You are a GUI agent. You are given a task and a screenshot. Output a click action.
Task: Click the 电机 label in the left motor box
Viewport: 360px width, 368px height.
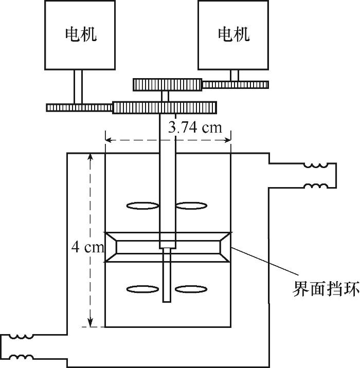point(81,34)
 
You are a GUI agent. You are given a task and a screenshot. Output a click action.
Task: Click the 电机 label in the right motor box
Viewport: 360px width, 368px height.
point(233,34)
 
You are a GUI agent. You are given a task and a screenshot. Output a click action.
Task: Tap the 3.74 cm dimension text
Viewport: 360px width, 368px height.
point(195,128)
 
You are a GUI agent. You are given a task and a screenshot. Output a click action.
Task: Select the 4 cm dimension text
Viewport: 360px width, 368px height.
point(87,247)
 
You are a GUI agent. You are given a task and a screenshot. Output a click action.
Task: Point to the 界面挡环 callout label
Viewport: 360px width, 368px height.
point(326,288)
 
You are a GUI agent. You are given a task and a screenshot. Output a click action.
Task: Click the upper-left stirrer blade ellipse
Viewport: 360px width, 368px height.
point(143,206)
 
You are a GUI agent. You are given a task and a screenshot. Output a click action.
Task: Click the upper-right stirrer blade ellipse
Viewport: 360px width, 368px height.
point(191,206)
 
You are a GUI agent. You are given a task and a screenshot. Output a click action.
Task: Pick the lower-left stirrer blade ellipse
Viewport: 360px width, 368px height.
point(142,289)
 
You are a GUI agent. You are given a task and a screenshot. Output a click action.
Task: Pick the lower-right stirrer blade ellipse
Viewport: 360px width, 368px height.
point(191,289)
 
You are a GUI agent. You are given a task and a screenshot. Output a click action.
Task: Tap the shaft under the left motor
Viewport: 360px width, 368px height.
point(79,87)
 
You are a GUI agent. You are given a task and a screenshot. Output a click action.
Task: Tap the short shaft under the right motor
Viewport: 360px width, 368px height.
point(234,76)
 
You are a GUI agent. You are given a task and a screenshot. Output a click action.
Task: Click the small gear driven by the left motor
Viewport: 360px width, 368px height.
point(79,108)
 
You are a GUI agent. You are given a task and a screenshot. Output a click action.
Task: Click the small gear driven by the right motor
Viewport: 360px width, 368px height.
point(236,85)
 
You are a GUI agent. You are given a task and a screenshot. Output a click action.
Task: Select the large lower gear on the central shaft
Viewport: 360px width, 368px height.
point(165,108)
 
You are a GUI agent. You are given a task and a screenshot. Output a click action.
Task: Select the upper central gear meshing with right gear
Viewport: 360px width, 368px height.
point(168,85)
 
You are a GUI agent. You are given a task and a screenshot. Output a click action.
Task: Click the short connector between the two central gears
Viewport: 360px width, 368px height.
point(165,96)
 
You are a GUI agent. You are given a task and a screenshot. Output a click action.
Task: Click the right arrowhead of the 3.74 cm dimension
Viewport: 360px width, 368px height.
point(227,140)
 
